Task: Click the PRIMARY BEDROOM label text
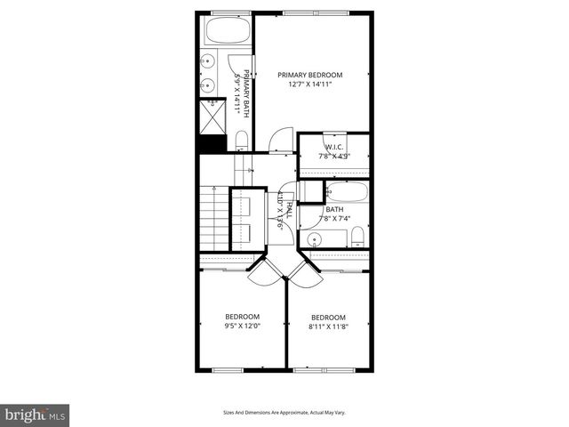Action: click(x=309, y=75)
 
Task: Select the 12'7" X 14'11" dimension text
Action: click(x=309, y=85)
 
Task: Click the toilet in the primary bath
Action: click(x=241, y=140)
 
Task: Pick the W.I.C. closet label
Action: click(x=334, y=147)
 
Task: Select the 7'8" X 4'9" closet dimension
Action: click(x=334, y=156)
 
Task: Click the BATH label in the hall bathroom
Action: click(x=334, y=210)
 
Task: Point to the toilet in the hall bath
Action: click(x=357, y=236)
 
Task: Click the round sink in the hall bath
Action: click(x=313, y=239)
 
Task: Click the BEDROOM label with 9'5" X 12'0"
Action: click(x=242, y=317)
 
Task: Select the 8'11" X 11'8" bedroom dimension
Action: click(x=328, y=327)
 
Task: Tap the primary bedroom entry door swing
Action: click(x=279, y=141)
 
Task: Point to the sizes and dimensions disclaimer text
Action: click(x=284, y=412)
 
